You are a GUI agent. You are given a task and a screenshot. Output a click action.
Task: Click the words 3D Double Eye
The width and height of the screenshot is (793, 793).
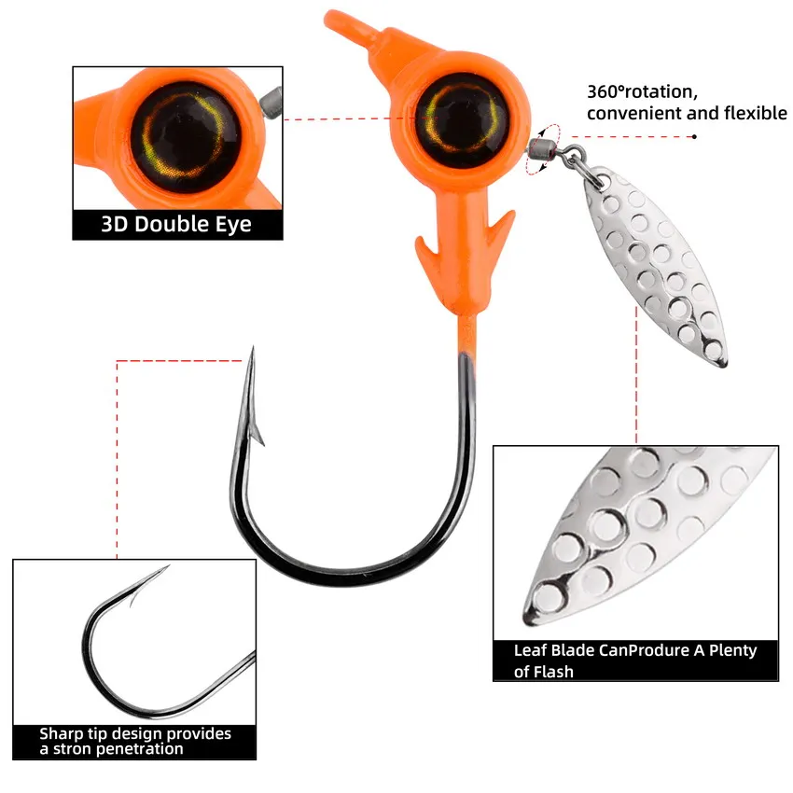[176, 225]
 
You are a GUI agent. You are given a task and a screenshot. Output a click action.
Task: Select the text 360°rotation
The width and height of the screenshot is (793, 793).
[641, 91]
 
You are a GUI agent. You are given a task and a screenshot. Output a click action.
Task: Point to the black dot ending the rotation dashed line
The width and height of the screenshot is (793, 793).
[694, 136]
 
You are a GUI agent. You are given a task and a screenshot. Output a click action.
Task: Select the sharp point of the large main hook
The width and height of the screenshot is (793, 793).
[252, 351]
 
